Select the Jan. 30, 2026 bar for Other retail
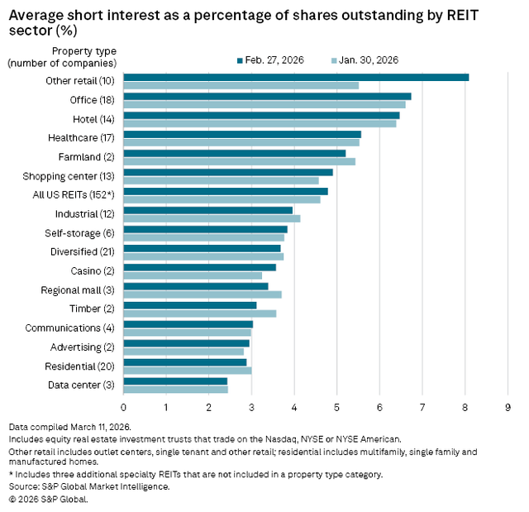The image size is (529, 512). [241, 85]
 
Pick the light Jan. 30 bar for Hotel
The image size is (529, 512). [260, 124]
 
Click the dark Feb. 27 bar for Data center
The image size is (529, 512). [175, 380]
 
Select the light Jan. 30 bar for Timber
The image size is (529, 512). [199, 313]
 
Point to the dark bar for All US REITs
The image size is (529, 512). [226, 191]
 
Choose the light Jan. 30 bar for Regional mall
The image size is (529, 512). [203, 294]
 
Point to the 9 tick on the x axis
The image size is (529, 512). [508, 407]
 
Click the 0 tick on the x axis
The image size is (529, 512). [123, 407]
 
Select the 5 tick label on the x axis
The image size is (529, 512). [336, 407]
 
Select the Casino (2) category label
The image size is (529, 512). [93, 270]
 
